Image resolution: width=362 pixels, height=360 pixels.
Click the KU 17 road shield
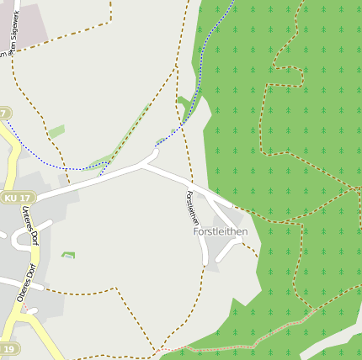coord(17,198)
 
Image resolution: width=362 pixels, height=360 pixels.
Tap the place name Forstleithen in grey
coord(220,231)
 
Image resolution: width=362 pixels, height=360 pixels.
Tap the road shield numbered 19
coord(8,348)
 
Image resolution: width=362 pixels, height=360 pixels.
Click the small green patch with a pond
coord(68,255)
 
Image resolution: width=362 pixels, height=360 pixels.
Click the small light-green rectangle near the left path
coord(56,132)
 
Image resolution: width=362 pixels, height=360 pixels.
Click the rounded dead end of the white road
coord(153,155)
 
